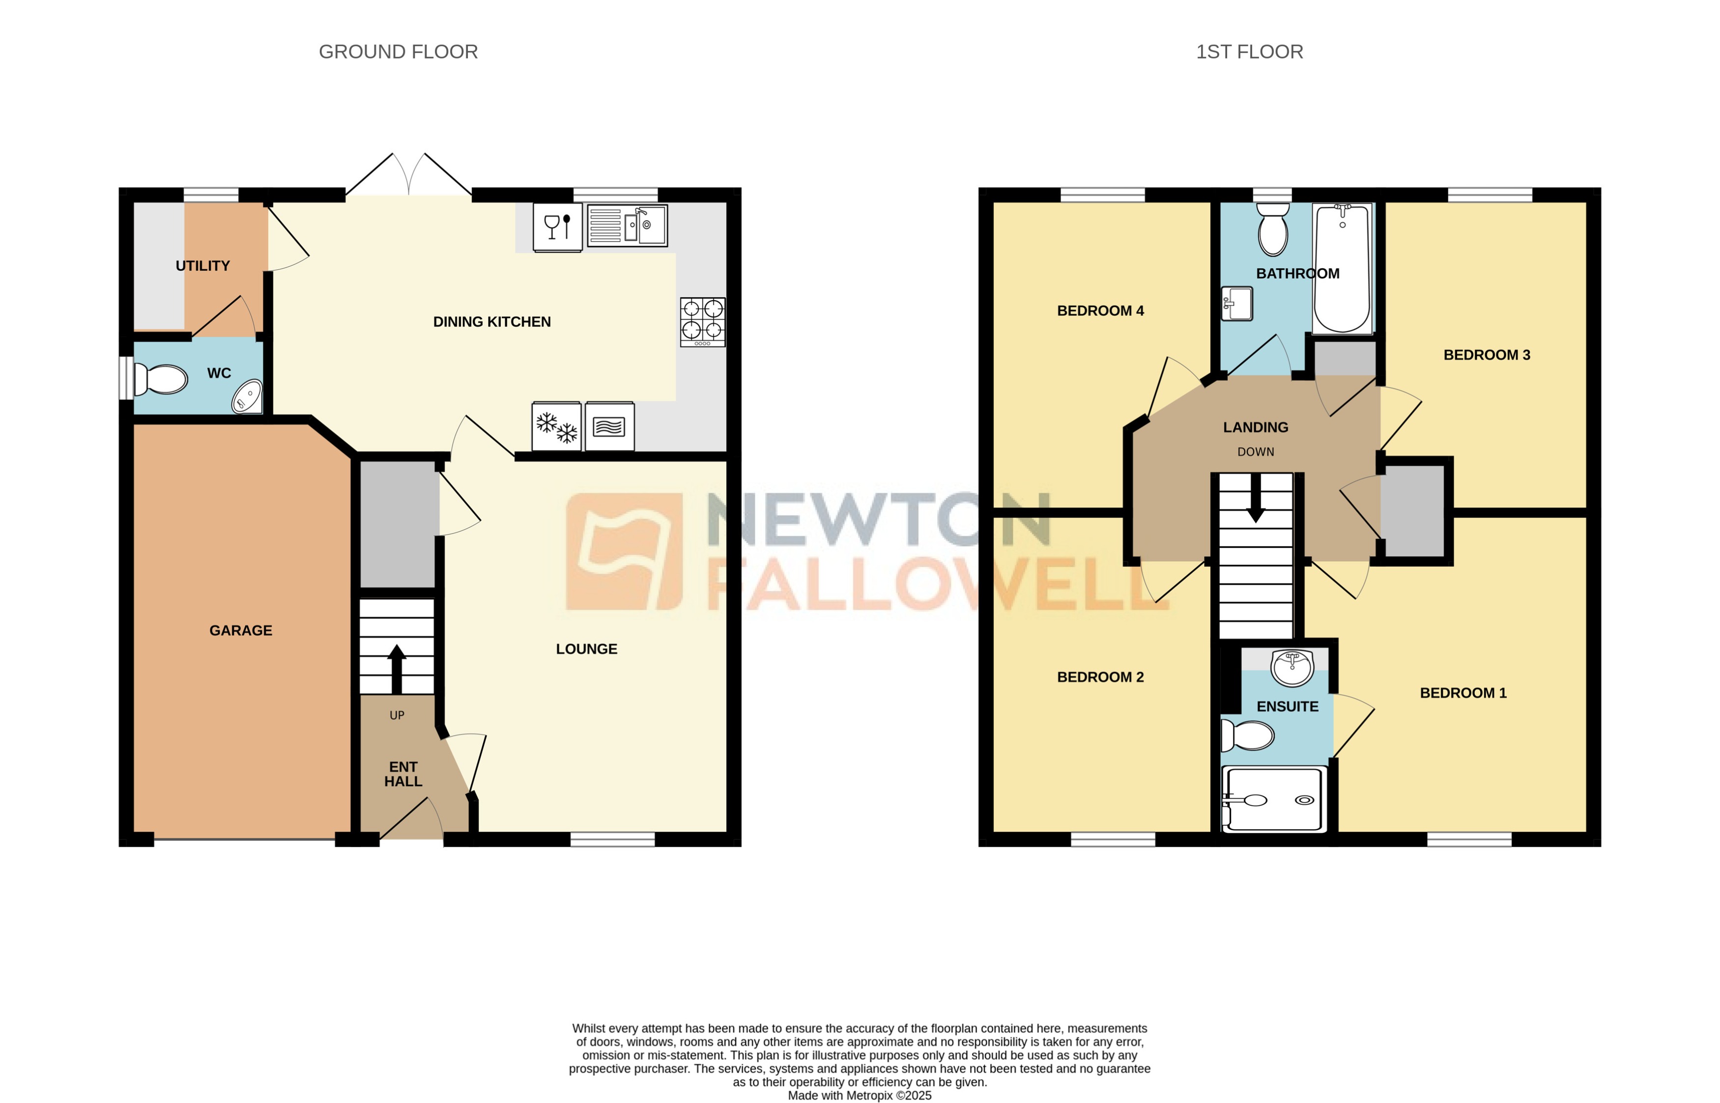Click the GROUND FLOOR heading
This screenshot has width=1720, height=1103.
pyautogui.click(x=398, y=52)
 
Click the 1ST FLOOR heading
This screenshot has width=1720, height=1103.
pyautogui.click(x=1249, y=52)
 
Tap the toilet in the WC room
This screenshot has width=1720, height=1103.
pyautogui.click(x=162, y=379)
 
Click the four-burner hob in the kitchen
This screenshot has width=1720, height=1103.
pyautogui.click(x=702, y=322)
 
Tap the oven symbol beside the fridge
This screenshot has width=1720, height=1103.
pyautogui.click(x=609, y=427)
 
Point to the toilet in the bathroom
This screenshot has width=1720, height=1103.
pyautogui.click(x=1272, y=229)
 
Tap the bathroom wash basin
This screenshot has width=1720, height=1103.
pyautogui.click(x=1237, y=304)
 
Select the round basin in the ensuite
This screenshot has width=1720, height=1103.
pyautogui.click(x=1291, y=668)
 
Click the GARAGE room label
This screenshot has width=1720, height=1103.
pyautogui.click(x=241, y=630)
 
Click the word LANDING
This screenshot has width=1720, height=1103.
pyautogui.click(x=1255, y=427)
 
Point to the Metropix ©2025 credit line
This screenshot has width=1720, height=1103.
pyautogui.click(x=859, y=1095)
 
